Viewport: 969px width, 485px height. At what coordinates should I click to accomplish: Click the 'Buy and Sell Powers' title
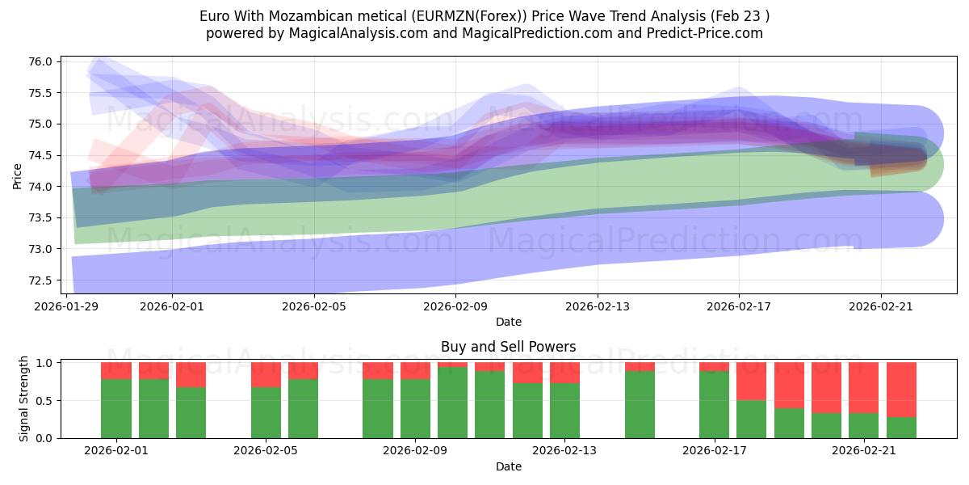508,347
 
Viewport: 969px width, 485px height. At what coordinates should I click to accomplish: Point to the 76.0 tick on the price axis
41,62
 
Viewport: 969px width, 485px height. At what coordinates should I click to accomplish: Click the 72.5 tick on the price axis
41,280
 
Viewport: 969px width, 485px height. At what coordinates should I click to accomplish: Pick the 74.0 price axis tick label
41,187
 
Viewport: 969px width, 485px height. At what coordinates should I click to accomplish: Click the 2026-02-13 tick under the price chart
598,306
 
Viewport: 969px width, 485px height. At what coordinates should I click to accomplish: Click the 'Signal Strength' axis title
24,399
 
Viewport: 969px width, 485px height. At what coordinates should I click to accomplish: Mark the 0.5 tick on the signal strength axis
44,401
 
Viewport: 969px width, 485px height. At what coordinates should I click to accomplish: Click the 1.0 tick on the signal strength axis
44,363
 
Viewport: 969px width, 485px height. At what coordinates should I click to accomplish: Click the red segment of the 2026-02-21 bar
864,387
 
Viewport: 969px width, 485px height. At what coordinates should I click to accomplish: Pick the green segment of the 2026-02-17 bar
714,404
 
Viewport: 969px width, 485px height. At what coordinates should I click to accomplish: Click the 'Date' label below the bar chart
508,466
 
